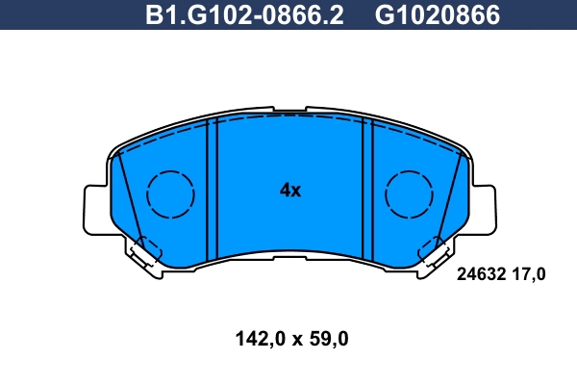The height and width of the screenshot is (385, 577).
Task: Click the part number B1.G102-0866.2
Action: click(244, 15)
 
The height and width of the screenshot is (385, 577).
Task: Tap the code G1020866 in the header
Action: click(437, 15)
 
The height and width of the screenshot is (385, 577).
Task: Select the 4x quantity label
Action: click(289, 191)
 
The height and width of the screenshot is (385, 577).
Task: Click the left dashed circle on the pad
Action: click(171, 193)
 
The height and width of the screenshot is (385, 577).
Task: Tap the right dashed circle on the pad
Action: click(410, 193)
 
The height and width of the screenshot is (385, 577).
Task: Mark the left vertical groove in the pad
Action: click(214, 188)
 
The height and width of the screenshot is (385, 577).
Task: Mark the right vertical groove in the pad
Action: click(366, 188)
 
